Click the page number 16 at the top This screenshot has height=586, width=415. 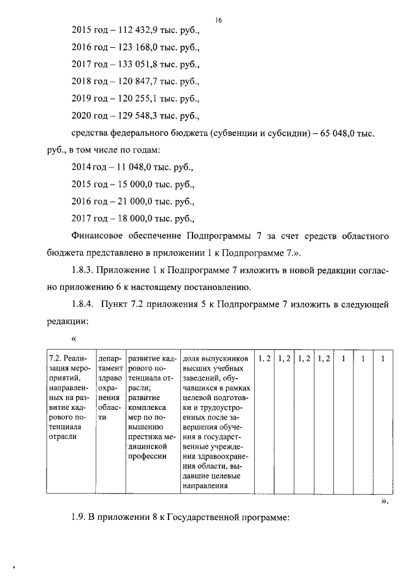coord(219,20)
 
